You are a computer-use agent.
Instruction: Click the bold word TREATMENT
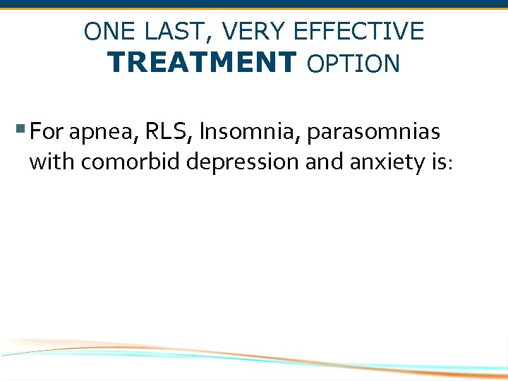click(x=202, y=62)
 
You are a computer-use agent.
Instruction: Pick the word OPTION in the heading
click(x=353, y=64)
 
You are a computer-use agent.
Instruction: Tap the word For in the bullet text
click(x=47, y=131)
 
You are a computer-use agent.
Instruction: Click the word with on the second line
click(x=52, y=162)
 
